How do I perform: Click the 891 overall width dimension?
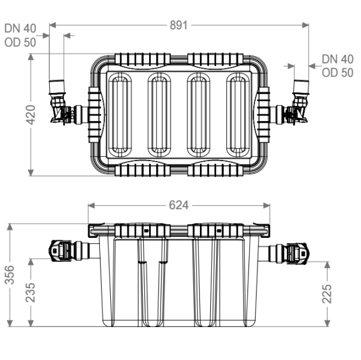pyautogui.click(x=178, y=25)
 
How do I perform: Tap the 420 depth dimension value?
pyautogui.click(x=31, y=114)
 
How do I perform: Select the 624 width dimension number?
pyautogui.click(x=178, y=205)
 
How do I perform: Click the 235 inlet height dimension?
pyautogui.click(x=31, y=292)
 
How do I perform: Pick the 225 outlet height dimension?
pyautogui.click(x=327, y=294)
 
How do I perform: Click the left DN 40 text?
pyautogui.click(x=20, y=29)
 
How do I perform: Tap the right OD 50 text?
pyautogui.click(x=338, y=73)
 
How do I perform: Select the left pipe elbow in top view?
pyautogui.click(x=57, y=102)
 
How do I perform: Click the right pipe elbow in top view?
pyautogui.click(x=300, y=102)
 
